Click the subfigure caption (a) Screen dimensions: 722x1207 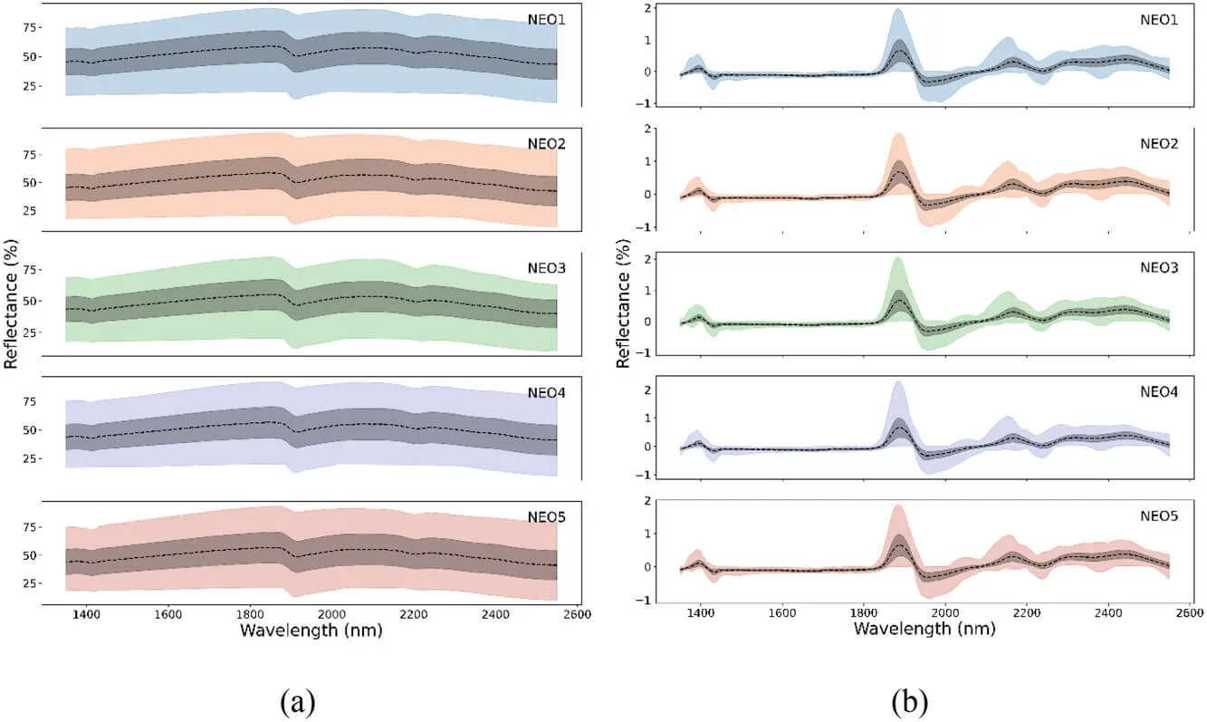pyautogui.click(x=298, y=699)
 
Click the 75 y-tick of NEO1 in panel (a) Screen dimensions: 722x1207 pyautogui.click(x=32, y=28)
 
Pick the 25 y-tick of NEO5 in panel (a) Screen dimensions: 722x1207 pyautogui.click(x=32, y=583)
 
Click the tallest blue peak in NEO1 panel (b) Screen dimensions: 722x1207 pyautogui.click(x=897, y=10)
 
